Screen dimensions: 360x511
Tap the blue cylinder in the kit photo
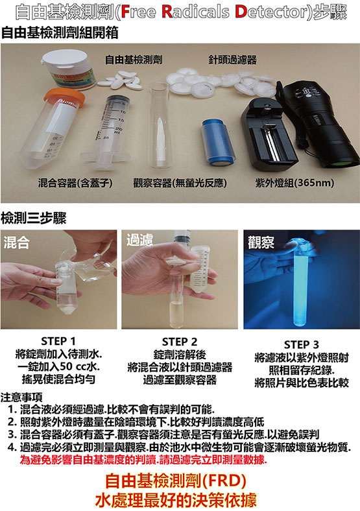click(x=217, y=143)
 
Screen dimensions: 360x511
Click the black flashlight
click(x=320, y=124)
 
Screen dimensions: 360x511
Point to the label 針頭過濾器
click(x=232, y=60)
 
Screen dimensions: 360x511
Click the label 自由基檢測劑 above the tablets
click(x=134, y=59)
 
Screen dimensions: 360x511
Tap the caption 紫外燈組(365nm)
click(x=294, y=183)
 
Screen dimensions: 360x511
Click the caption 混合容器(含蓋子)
click(x=75, y=183)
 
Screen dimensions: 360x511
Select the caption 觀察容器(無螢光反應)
click(x=180, y=183)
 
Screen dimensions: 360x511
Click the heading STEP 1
click(x=58, y=341)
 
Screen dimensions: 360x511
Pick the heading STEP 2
click(x=180, y=342)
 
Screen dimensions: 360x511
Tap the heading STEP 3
click(x=302, y=344)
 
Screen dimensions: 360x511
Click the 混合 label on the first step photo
click(x=17, y=243)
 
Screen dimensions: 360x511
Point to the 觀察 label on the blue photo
click(x=261, y=243)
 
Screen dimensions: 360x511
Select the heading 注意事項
click(x=21, y=397)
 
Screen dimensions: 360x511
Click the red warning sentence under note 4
click(x=143, y=460)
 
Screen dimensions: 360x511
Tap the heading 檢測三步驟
click(x=33, y=218)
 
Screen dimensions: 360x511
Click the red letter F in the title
click(x=125, y=12)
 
